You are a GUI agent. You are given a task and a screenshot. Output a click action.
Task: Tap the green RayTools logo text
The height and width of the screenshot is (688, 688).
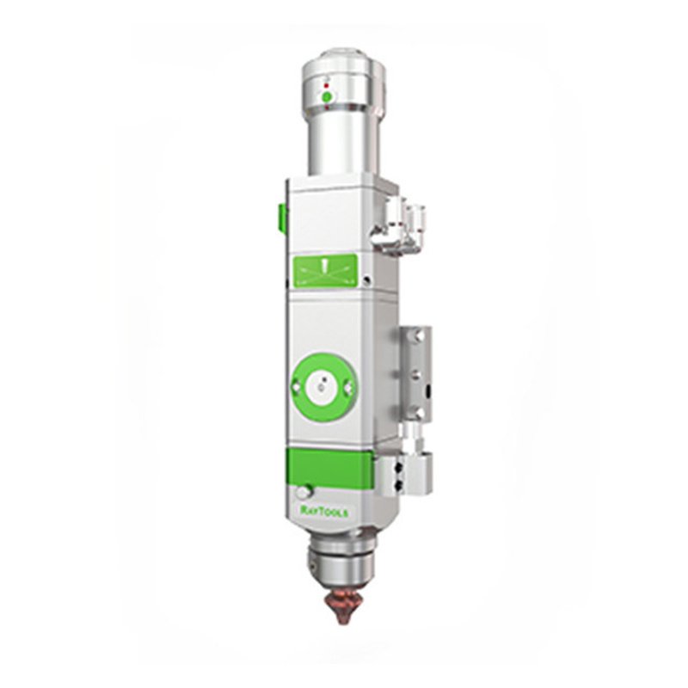[x=325, y=511]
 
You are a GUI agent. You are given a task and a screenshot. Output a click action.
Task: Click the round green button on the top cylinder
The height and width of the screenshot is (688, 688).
[x=327, y=97]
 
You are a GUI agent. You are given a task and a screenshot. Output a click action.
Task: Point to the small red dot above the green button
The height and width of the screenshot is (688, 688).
[x=326, y=85]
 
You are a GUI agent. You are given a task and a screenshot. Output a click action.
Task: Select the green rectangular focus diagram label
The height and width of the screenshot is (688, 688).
[x=325, y=272]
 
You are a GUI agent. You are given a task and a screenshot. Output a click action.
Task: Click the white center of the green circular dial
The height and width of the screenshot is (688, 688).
[x=324, y=386]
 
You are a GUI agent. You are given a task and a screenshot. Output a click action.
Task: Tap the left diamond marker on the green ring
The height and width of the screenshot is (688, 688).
[x=297, y=386]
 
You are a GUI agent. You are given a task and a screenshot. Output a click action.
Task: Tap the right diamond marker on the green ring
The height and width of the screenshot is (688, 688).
[x=350, y=386]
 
